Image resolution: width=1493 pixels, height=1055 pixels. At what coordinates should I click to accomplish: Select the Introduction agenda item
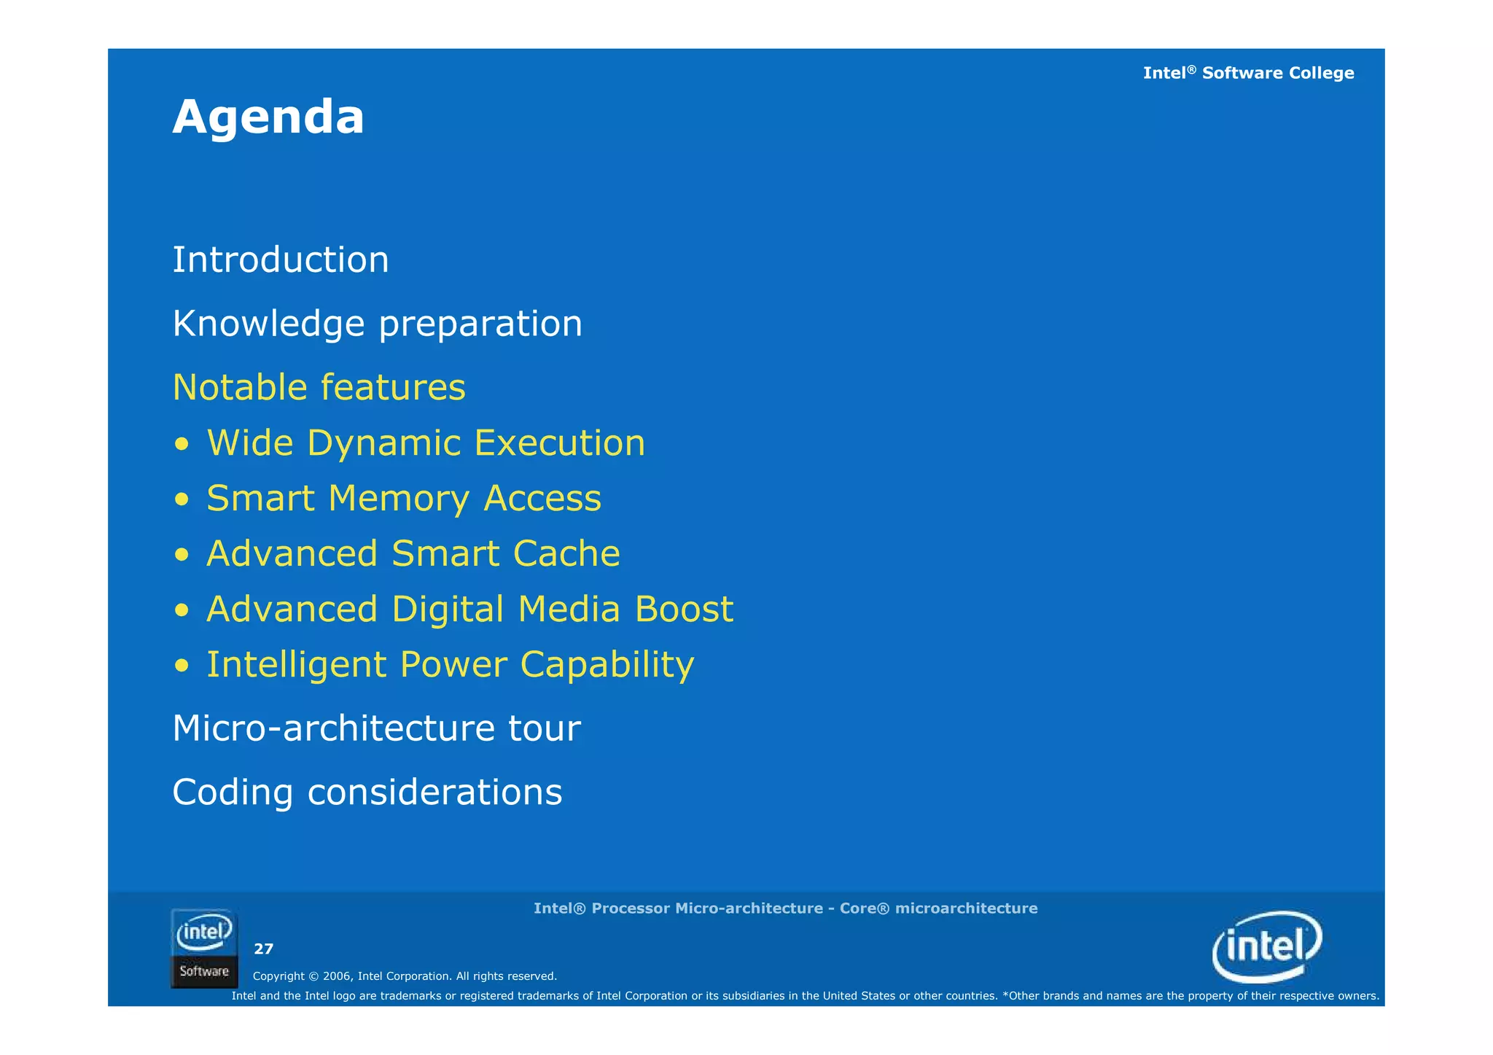[281, 260]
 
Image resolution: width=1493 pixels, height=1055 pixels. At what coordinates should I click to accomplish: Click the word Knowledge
[268, 324]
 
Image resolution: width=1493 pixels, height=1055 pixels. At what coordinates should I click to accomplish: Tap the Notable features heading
[319, 387]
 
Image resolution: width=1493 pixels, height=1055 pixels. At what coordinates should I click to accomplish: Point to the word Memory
[398, 499]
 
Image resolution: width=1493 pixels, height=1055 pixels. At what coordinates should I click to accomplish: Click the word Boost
[684, 609]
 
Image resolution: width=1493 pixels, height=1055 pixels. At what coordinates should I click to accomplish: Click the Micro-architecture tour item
[376, 728]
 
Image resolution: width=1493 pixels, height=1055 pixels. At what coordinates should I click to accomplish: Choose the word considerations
[434, 792]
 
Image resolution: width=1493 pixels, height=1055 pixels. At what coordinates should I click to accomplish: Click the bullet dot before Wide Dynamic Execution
[182, 445]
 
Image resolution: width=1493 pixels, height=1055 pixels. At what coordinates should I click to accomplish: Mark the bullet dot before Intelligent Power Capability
[182, 666]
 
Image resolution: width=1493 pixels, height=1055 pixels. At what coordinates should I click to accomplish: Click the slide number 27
[263, 949]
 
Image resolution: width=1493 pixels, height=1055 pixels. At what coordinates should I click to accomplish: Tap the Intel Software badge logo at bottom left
[204, 949]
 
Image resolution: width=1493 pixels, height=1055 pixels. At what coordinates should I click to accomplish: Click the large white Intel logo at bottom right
[1267, 946]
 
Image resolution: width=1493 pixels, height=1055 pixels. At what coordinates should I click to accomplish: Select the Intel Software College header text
[1248, 73]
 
